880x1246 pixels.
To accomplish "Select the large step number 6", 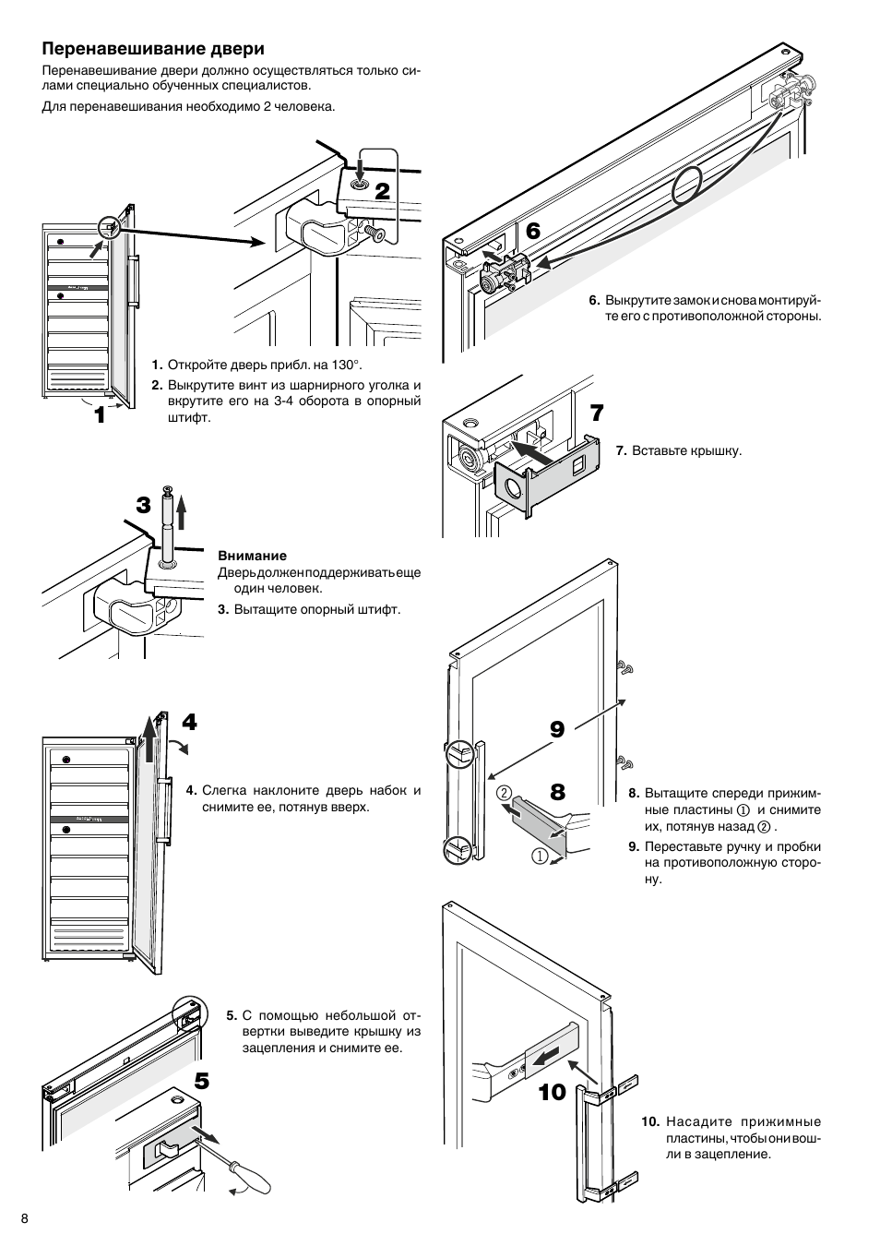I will click(x=532, y=232).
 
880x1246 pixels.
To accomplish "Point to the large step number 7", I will click(x=596, y=413).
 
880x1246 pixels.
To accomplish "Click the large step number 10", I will click(x=552, y=1093).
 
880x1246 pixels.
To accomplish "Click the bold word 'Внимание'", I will click(x=252, y=556).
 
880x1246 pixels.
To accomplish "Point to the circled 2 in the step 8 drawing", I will click(x=504, y=793).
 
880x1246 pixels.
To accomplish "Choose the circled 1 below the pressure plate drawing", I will click(x=540, y=857).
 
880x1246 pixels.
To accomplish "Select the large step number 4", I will click(x=189, y=723).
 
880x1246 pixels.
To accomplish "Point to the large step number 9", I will click(x=556, y=730).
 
